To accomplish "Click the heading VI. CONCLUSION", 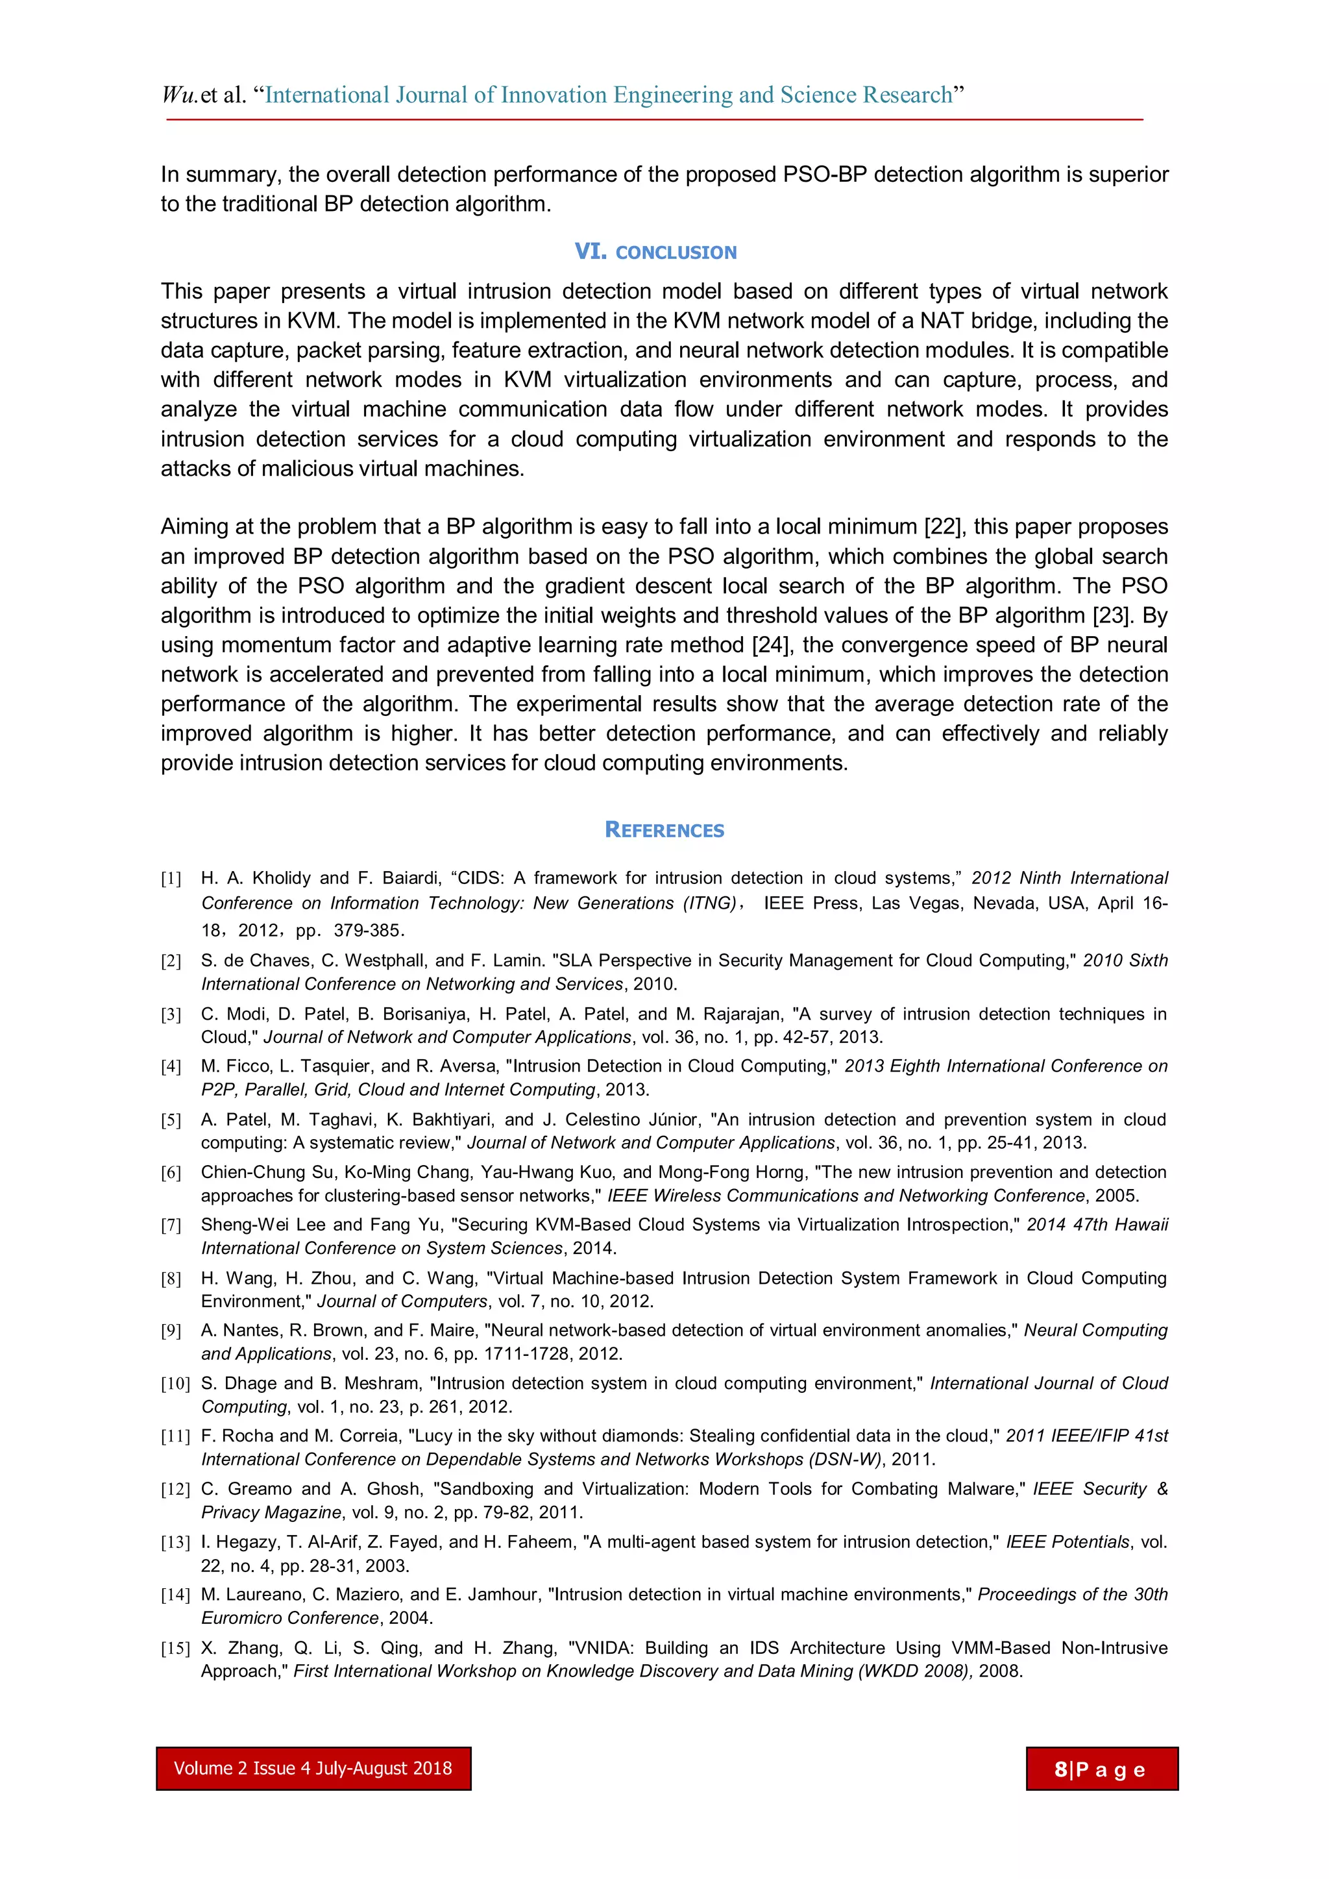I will (x=655, y=252).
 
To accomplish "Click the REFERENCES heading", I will (x=664, y=830).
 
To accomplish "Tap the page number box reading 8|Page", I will (x=1101, y=1769).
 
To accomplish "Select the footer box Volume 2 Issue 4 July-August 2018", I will (x=313, y=1769).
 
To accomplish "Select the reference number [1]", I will (x=171, y=879).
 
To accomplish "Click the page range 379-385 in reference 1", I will (x=368, y=931).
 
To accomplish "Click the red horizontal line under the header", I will (x=655, y=119).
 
